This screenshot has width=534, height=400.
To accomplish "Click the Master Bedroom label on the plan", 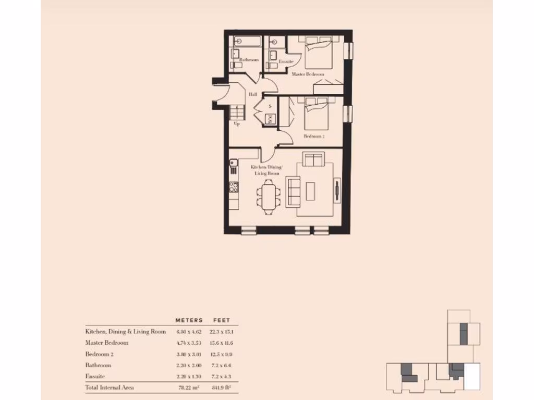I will coord(308,74).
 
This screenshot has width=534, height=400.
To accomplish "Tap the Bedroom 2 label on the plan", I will coord(314,136).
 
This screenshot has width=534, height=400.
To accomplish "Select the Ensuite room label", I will coord(286,61).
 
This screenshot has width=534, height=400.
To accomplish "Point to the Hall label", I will coord(253,94).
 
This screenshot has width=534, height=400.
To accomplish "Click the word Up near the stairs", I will coord(237,124).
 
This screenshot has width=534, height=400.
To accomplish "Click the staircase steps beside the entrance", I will coord(237,112).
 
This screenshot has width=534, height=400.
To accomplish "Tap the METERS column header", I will coord(189,320).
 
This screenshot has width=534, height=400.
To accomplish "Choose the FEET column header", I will coord(221,320).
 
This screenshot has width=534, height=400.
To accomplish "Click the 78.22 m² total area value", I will coord(188,387).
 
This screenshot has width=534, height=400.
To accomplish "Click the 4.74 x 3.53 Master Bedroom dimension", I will coord(188,343).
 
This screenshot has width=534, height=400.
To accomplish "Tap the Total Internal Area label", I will coord(110,387).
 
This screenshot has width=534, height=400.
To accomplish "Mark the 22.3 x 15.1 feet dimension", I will coord(221,331).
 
